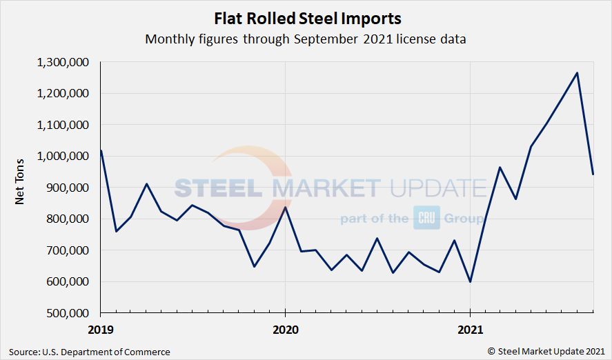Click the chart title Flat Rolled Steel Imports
306,17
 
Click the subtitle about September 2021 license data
306,39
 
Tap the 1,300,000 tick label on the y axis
63,62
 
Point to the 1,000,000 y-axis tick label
63,156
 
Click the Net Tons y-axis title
21,187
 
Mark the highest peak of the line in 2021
577,72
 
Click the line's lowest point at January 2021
470,281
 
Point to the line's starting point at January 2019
101,150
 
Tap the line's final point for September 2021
593,174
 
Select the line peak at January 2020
285,207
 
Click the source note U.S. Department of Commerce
90,352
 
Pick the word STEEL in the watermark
217,188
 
